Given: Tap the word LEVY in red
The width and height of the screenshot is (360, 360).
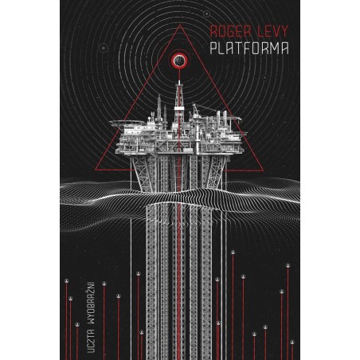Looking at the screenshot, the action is pos(272,31).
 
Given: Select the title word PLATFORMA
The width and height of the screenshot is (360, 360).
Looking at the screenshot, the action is pos(249,49).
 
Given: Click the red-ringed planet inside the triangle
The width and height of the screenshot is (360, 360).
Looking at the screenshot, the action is pos(180,61).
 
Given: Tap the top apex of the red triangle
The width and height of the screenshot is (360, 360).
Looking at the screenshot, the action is pos(180,25).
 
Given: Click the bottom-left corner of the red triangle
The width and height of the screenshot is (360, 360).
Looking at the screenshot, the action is pos(95,170).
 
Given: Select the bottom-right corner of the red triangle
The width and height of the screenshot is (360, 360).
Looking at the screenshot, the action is pos(264,170).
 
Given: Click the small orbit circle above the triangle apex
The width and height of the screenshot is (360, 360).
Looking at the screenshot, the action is pos(206,14).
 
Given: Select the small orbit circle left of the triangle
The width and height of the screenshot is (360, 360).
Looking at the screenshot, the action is pos(103,48).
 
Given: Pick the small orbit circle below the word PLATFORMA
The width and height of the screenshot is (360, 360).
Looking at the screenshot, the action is pos(264,77).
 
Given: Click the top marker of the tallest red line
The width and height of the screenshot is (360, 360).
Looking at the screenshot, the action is pos(233,252).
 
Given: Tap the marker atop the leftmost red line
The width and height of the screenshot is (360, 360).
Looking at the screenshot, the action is pos(66,281).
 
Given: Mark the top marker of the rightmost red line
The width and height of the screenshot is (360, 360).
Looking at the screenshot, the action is pos(292,342).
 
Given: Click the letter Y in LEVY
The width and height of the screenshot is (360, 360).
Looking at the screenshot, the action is pos(284,31).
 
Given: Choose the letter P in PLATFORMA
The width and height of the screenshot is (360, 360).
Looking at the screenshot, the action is pos(214,49).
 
